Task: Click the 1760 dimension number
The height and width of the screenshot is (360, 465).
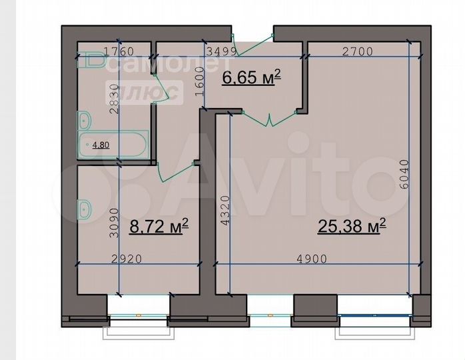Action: (120, 51)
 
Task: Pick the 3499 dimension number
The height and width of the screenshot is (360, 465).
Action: (220, 51)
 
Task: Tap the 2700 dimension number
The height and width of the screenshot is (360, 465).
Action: (360, 51)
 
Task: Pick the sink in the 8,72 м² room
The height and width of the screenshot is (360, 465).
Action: (85, 209)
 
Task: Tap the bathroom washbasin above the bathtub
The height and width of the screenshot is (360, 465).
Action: (85, 121)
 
